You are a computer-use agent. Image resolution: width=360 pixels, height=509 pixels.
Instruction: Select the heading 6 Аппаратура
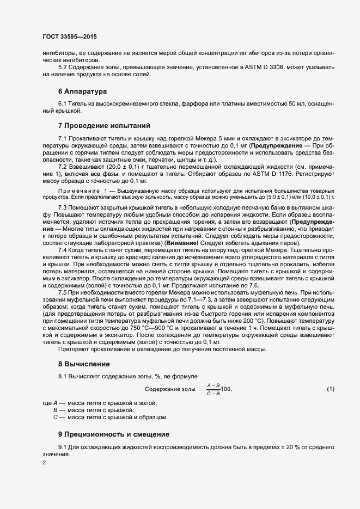[82, 90]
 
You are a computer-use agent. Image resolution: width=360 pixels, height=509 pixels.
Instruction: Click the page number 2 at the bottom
[44, 463]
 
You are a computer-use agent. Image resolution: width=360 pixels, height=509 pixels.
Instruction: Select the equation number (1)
[330, 389]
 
